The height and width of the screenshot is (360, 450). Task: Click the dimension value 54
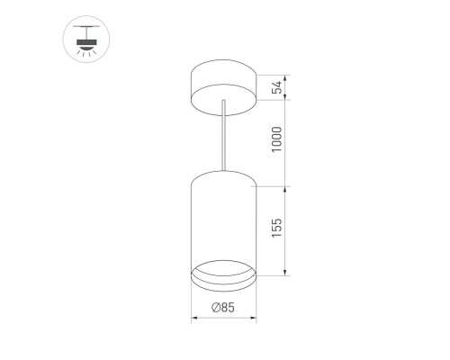[x=278, y=87]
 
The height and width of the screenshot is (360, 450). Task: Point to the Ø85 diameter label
[x=224, y=309]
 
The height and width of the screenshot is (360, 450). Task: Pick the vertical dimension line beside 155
[x=287, y=229]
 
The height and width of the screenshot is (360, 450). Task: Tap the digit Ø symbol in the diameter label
[x=216, y=309]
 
